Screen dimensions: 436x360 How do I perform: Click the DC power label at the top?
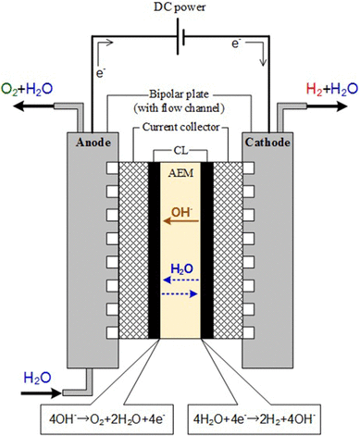tap(179, 10)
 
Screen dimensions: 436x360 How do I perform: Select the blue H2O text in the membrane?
tap(180, 268)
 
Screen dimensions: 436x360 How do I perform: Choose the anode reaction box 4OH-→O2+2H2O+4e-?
tap(99, 411)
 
